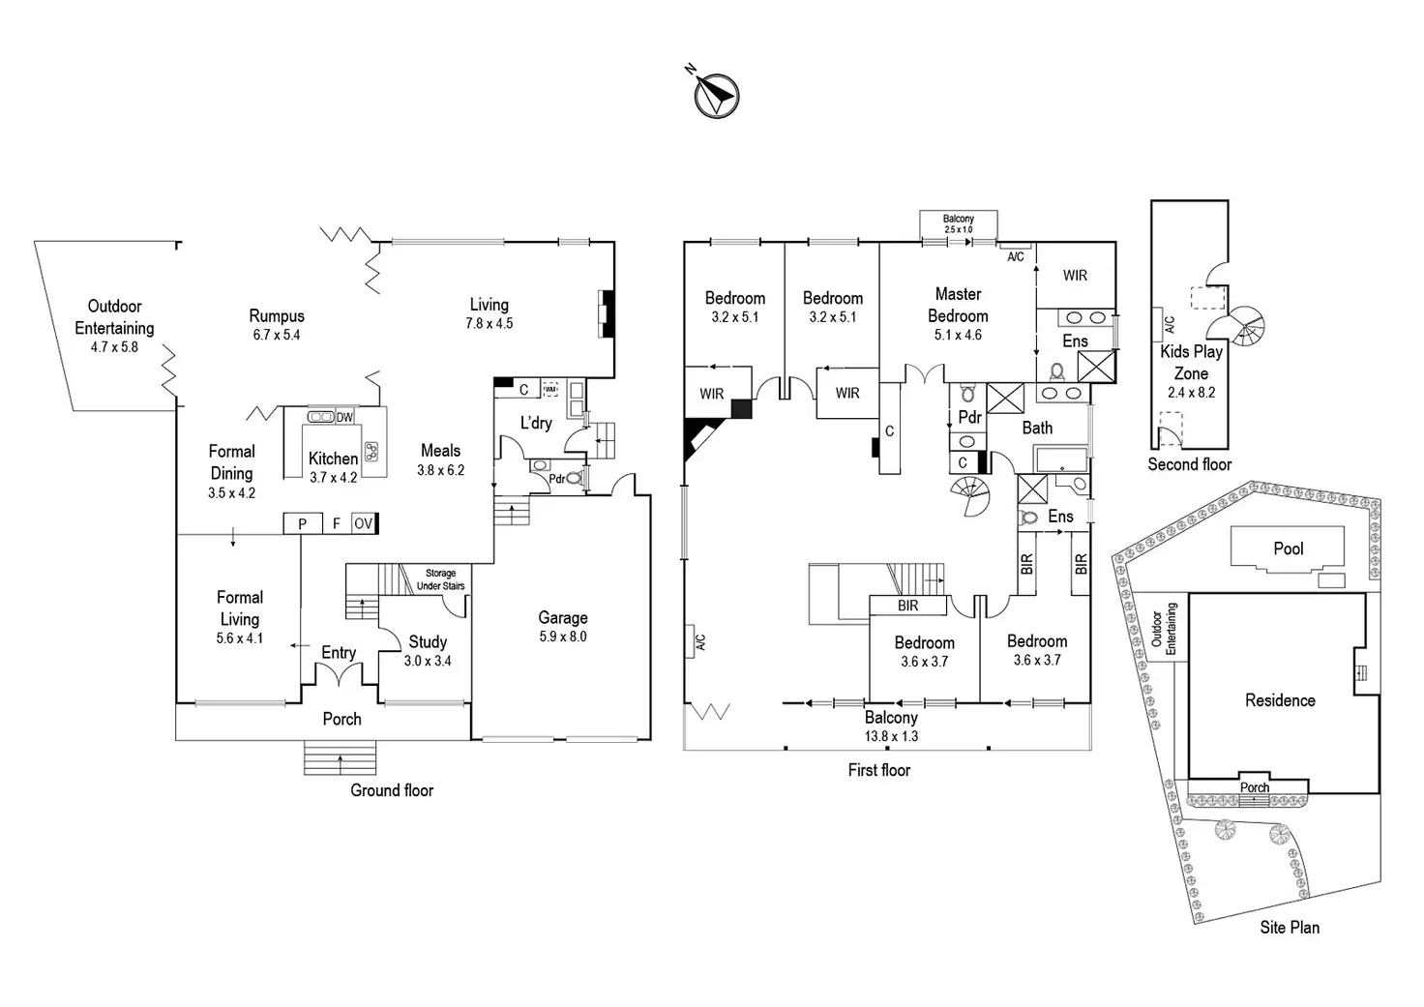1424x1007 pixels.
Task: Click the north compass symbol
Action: [716, 95]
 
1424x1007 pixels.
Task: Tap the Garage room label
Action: [562, 617]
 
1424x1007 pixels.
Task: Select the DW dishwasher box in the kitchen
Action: [344, 417]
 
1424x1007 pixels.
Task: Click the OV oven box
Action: [363, 523]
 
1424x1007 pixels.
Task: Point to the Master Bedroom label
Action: [958, 305]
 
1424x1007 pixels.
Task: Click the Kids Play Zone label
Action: [1191, 362]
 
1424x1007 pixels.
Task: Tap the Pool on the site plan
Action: [1288, 548]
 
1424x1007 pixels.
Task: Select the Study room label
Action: [428, 641]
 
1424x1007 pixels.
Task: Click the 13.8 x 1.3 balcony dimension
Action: [891, 736]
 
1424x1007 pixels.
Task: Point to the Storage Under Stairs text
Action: [440, 579]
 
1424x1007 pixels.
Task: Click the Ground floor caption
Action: [392, 790]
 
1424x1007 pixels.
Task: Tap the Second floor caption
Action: [1190, 464]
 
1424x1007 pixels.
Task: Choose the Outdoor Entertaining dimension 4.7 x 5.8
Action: [114, 347]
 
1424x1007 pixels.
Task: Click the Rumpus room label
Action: [277, 315]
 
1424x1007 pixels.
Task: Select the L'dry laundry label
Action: [536, 423]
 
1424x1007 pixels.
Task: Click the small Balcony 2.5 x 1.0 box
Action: [958, 223]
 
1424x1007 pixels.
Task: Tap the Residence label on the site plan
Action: [1280, 700]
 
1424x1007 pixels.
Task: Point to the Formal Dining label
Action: [232, 461]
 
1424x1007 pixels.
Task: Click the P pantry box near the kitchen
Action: [303, 523]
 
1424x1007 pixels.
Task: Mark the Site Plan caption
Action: [1290, 927]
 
